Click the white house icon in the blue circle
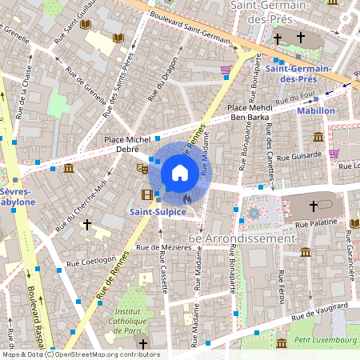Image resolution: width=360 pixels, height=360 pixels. pyautogui.click(x=180, y=172)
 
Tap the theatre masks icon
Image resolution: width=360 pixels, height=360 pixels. pyautogui.click(x=142, y=169)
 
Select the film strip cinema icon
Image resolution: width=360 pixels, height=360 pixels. pyautogui.click(x=146, y=194)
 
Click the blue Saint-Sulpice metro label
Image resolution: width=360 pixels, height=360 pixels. pyautogui.click(x=158, y=211)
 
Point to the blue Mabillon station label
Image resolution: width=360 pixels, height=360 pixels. pyautogui.click(x=315, y=111)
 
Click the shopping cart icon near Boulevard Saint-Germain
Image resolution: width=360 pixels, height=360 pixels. pyautogui.click(x=226, y=70)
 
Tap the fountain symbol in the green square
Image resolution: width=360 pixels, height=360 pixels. pyautogui.click(x=254, y=214)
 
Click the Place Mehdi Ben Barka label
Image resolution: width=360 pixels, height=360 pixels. pyautogui.click(x=250, y=113)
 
